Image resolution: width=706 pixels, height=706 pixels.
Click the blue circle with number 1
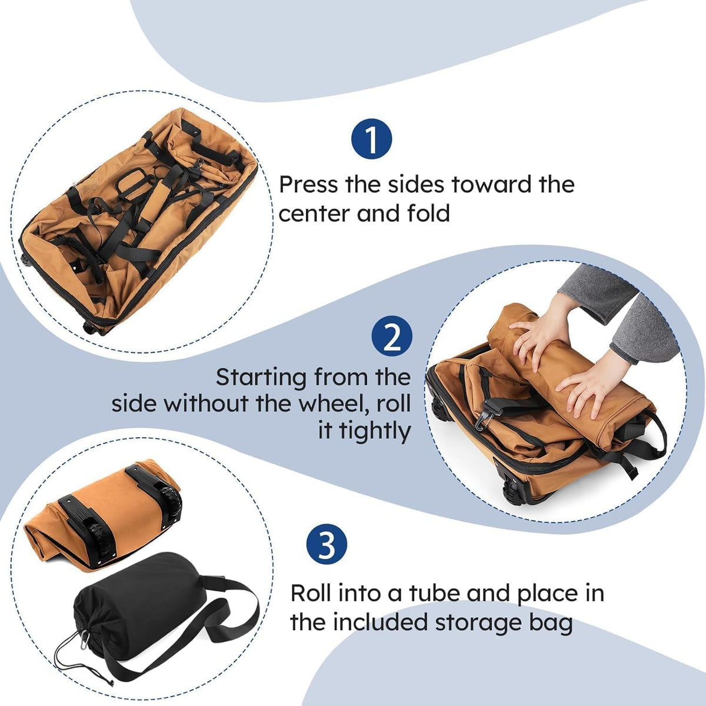[371, 139]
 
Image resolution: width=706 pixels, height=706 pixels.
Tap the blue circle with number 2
[392, 336]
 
